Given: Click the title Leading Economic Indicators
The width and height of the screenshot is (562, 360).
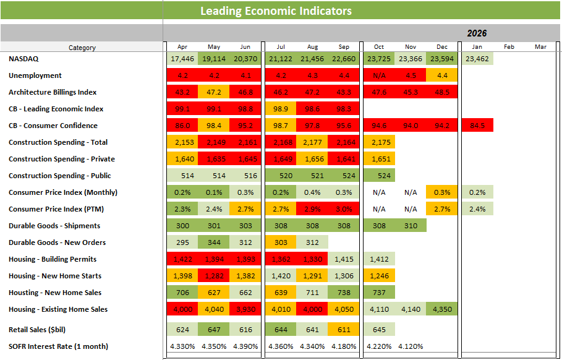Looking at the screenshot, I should coord(276,11).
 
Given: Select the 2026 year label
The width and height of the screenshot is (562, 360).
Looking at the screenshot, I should coord(477,33).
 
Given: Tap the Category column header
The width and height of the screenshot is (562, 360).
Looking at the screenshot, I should coord(82,48).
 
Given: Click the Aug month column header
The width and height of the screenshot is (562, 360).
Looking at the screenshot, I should coord(312,47).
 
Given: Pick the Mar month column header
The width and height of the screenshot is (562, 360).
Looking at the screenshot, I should coord(540,47).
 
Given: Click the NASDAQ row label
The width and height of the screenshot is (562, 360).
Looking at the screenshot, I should coord(24,59).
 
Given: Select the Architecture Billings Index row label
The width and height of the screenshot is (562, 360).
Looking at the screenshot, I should coord(53,92).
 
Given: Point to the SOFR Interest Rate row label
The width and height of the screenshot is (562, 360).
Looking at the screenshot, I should coord(58,346).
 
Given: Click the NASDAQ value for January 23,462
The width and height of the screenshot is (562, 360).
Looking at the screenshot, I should coord(477,59).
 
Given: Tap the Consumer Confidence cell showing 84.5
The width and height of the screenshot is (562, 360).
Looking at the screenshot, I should coord(477,126).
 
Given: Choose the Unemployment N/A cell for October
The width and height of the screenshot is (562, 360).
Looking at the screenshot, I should coord(379,75).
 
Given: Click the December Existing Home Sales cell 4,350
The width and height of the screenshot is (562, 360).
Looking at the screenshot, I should coord(442,309).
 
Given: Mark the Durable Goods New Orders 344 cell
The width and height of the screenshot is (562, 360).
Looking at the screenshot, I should coord(213,242).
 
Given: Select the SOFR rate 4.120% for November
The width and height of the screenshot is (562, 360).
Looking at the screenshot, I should coord(411,346).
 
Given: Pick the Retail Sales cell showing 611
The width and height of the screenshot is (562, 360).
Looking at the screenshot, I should coord(343,330).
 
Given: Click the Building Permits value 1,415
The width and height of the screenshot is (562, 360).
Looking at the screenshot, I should coord(343,259).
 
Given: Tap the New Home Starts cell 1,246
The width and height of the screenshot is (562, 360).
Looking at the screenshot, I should coord(379,276).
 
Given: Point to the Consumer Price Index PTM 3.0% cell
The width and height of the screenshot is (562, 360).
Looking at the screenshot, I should coord(343,209).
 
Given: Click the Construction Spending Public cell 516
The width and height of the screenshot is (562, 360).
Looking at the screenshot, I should coord(245,176).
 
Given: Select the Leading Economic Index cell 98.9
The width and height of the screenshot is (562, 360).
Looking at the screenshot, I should coord(280,109).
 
